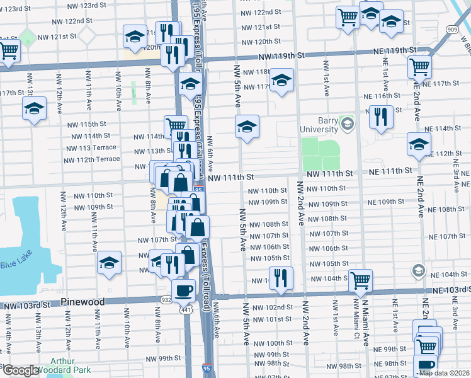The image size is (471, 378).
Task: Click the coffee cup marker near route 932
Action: [183, 290]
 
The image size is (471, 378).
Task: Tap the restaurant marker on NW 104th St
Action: [281, 277]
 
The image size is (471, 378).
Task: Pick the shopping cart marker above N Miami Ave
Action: [360, 280]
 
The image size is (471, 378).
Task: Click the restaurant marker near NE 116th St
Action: [381, 117]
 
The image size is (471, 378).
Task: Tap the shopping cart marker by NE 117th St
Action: [419, 66]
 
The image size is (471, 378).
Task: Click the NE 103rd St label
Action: [451, 289]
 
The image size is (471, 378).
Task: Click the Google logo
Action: [21, 370]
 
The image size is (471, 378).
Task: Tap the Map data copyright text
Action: [443, 373]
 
